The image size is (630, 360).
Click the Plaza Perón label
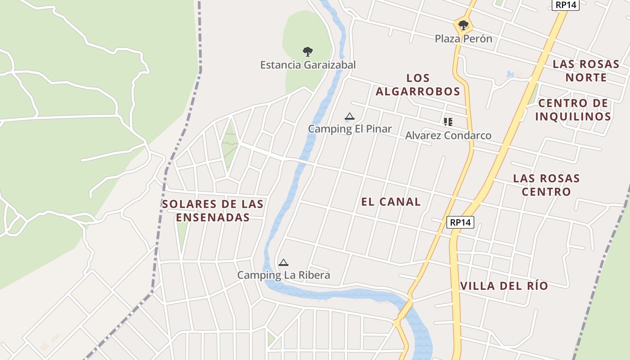point(463,39)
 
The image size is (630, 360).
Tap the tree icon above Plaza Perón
point(463,25)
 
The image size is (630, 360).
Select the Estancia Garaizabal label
point(308,65)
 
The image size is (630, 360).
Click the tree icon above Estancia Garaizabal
point(308,51)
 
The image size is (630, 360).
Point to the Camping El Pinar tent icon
point(349,117)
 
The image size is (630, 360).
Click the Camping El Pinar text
point(350,129)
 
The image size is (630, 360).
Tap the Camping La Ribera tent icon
point(283,262)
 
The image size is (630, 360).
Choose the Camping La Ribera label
point(283,275)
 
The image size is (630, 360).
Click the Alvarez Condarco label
point(448,135)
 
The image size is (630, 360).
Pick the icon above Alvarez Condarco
point(448,121)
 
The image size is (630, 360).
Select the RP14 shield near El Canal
point(460,222)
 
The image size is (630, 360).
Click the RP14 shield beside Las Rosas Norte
point(566,4)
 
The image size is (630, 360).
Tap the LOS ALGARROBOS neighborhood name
point(418,85)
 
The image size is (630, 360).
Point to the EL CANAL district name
point(391,202)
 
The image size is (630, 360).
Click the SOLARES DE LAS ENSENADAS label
point(212,211)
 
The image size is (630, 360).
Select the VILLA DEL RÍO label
point(504,286)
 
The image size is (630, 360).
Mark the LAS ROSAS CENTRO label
point(546,185)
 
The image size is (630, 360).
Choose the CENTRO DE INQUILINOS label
point(573,110)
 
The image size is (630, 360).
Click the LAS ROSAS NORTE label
point(586,71)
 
